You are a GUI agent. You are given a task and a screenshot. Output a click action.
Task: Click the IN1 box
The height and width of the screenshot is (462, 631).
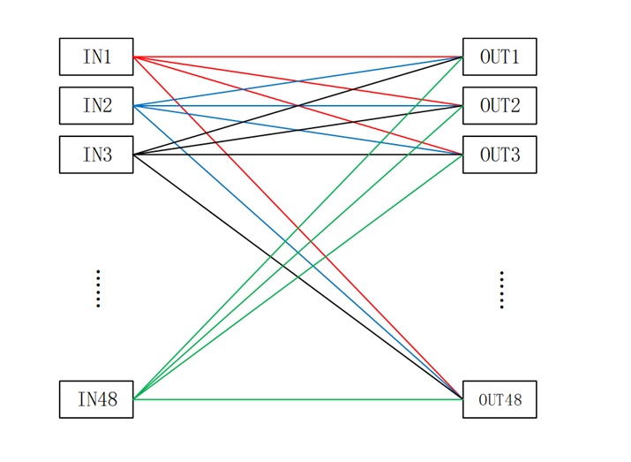coord(96,57)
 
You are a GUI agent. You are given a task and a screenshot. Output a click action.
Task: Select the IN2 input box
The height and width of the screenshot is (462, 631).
coord(96,106)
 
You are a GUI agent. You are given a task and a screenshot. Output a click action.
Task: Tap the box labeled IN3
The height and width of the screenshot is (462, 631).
coord(96,155)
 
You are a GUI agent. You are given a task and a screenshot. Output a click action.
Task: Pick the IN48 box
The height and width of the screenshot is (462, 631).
coord(96,399)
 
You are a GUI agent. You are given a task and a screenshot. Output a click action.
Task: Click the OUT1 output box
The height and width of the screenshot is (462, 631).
coord(500,57)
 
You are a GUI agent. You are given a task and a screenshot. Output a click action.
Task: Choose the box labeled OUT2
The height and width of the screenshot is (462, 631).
coord(500,106)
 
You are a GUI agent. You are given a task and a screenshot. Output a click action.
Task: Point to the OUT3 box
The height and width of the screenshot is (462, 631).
coord(500,155)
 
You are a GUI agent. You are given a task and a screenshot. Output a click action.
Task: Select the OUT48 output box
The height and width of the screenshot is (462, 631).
coord(500,399)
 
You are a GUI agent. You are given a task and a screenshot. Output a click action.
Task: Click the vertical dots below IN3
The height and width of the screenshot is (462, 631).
coord(98,289)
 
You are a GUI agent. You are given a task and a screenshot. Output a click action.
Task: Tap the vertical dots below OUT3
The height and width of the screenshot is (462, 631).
coord(501,290)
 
